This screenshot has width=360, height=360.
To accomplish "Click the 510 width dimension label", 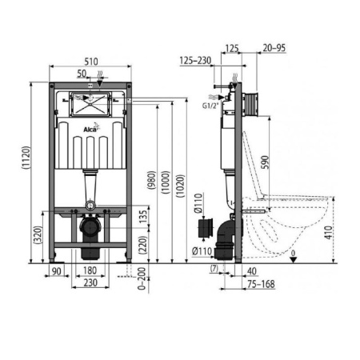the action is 91,62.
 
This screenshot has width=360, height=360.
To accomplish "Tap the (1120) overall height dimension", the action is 26,158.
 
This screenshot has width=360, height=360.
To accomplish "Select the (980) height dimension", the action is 151,180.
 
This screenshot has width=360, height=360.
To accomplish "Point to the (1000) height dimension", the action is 166,182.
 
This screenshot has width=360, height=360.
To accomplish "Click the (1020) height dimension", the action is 180,186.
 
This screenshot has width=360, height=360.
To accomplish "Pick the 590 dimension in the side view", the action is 265,162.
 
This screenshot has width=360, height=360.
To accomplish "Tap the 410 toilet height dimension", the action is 329,233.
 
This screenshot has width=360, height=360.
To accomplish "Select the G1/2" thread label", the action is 210,106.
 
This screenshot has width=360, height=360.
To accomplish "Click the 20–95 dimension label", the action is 274,48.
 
